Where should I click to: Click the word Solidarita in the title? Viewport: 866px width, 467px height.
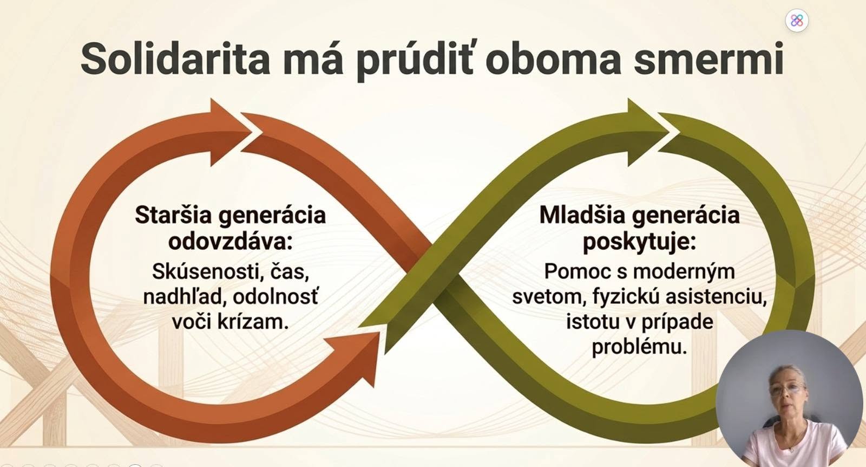click(x=175, y=59)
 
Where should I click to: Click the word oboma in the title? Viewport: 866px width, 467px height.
click(x=553, y=59)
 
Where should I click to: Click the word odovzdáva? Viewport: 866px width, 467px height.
click(x=231, y=242)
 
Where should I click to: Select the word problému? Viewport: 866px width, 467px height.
click(x=639, y=347)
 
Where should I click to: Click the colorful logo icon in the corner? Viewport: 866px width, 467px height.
click(x=797, y=21)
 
